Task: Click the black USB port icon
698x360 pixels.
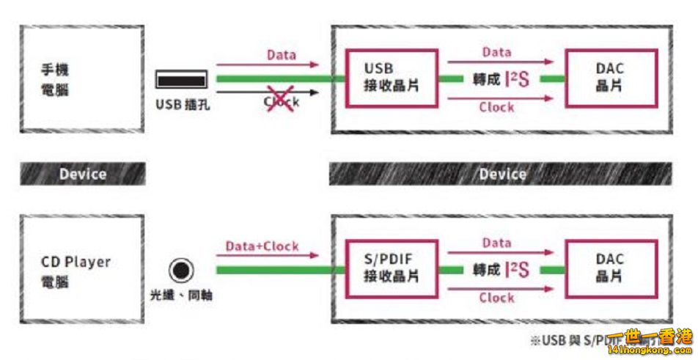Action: [x=182, y=80]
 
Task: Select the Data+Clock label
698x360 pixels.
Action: [x=262, y=246]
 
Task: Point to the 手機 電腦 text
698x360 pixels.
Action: [x=59, y=80]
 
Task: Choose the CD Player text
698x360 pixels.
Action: [x=76, y=262]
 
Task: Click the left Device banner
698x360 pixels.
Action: [x=82, y=175]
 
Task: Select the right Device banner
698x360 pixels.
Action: [x=502, y=175]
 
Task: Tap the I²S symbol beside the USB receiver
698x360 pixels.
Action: [x=517, y=79]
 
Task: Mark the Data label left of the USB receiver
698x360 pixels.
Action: [x=282, y=55]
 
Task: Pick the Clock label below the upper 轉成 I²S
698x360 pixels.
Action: [x=496, y=107]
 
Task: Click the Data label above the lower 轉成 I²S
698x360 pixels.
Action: [x=496, y=243]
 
